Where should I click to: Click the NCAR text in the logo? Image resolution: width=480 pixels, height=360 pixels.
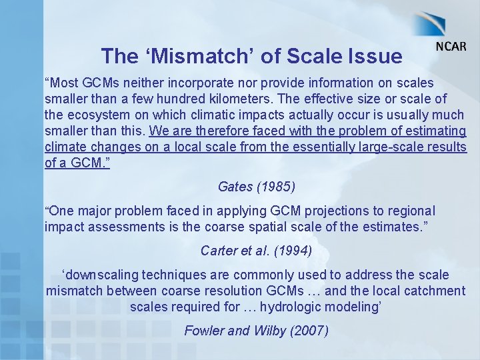click(x=451, y=47)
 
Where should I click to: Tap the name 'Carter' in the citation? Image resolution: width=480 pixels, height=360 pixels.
click(x=219, y=251)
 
